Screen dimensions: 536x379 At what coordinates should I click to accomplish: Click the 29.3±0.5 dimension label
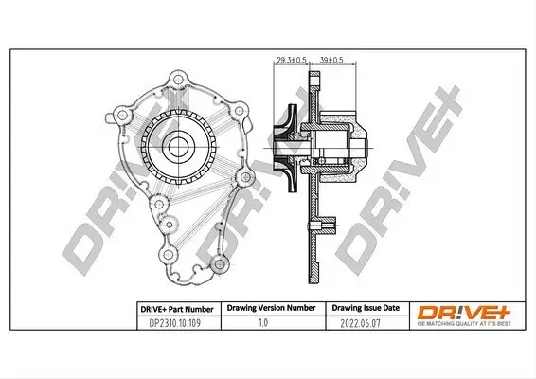[x=292, y=61]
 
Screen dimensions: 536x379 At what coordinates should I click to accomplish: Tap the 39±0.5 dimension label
[x=331, y=61]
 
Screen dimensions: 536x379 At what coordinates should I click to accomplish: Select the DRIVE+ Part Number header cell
[x=177, y=310]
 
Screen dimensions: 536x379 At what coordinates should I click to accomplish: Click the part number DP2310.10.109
[x=174, y=323]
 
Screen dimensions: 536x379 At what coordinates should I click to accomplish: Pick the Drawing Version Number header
[x=271, y=308]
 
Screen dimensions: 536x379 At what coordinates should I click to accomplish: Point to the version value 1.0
[x=263, y=322]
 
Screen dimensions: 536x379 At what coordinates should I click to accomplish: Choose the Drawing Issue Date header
[x=366, y=308]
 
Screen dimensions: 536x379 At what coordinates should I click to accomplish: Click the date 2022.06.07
[x=360, y=323]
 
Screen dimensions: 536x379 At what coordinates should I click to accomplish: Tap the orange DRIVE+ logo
[x=464, y=313]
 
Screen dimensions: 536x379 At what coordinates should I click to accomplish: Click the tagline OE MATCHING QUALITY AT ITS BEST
[x=464, y=324]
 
